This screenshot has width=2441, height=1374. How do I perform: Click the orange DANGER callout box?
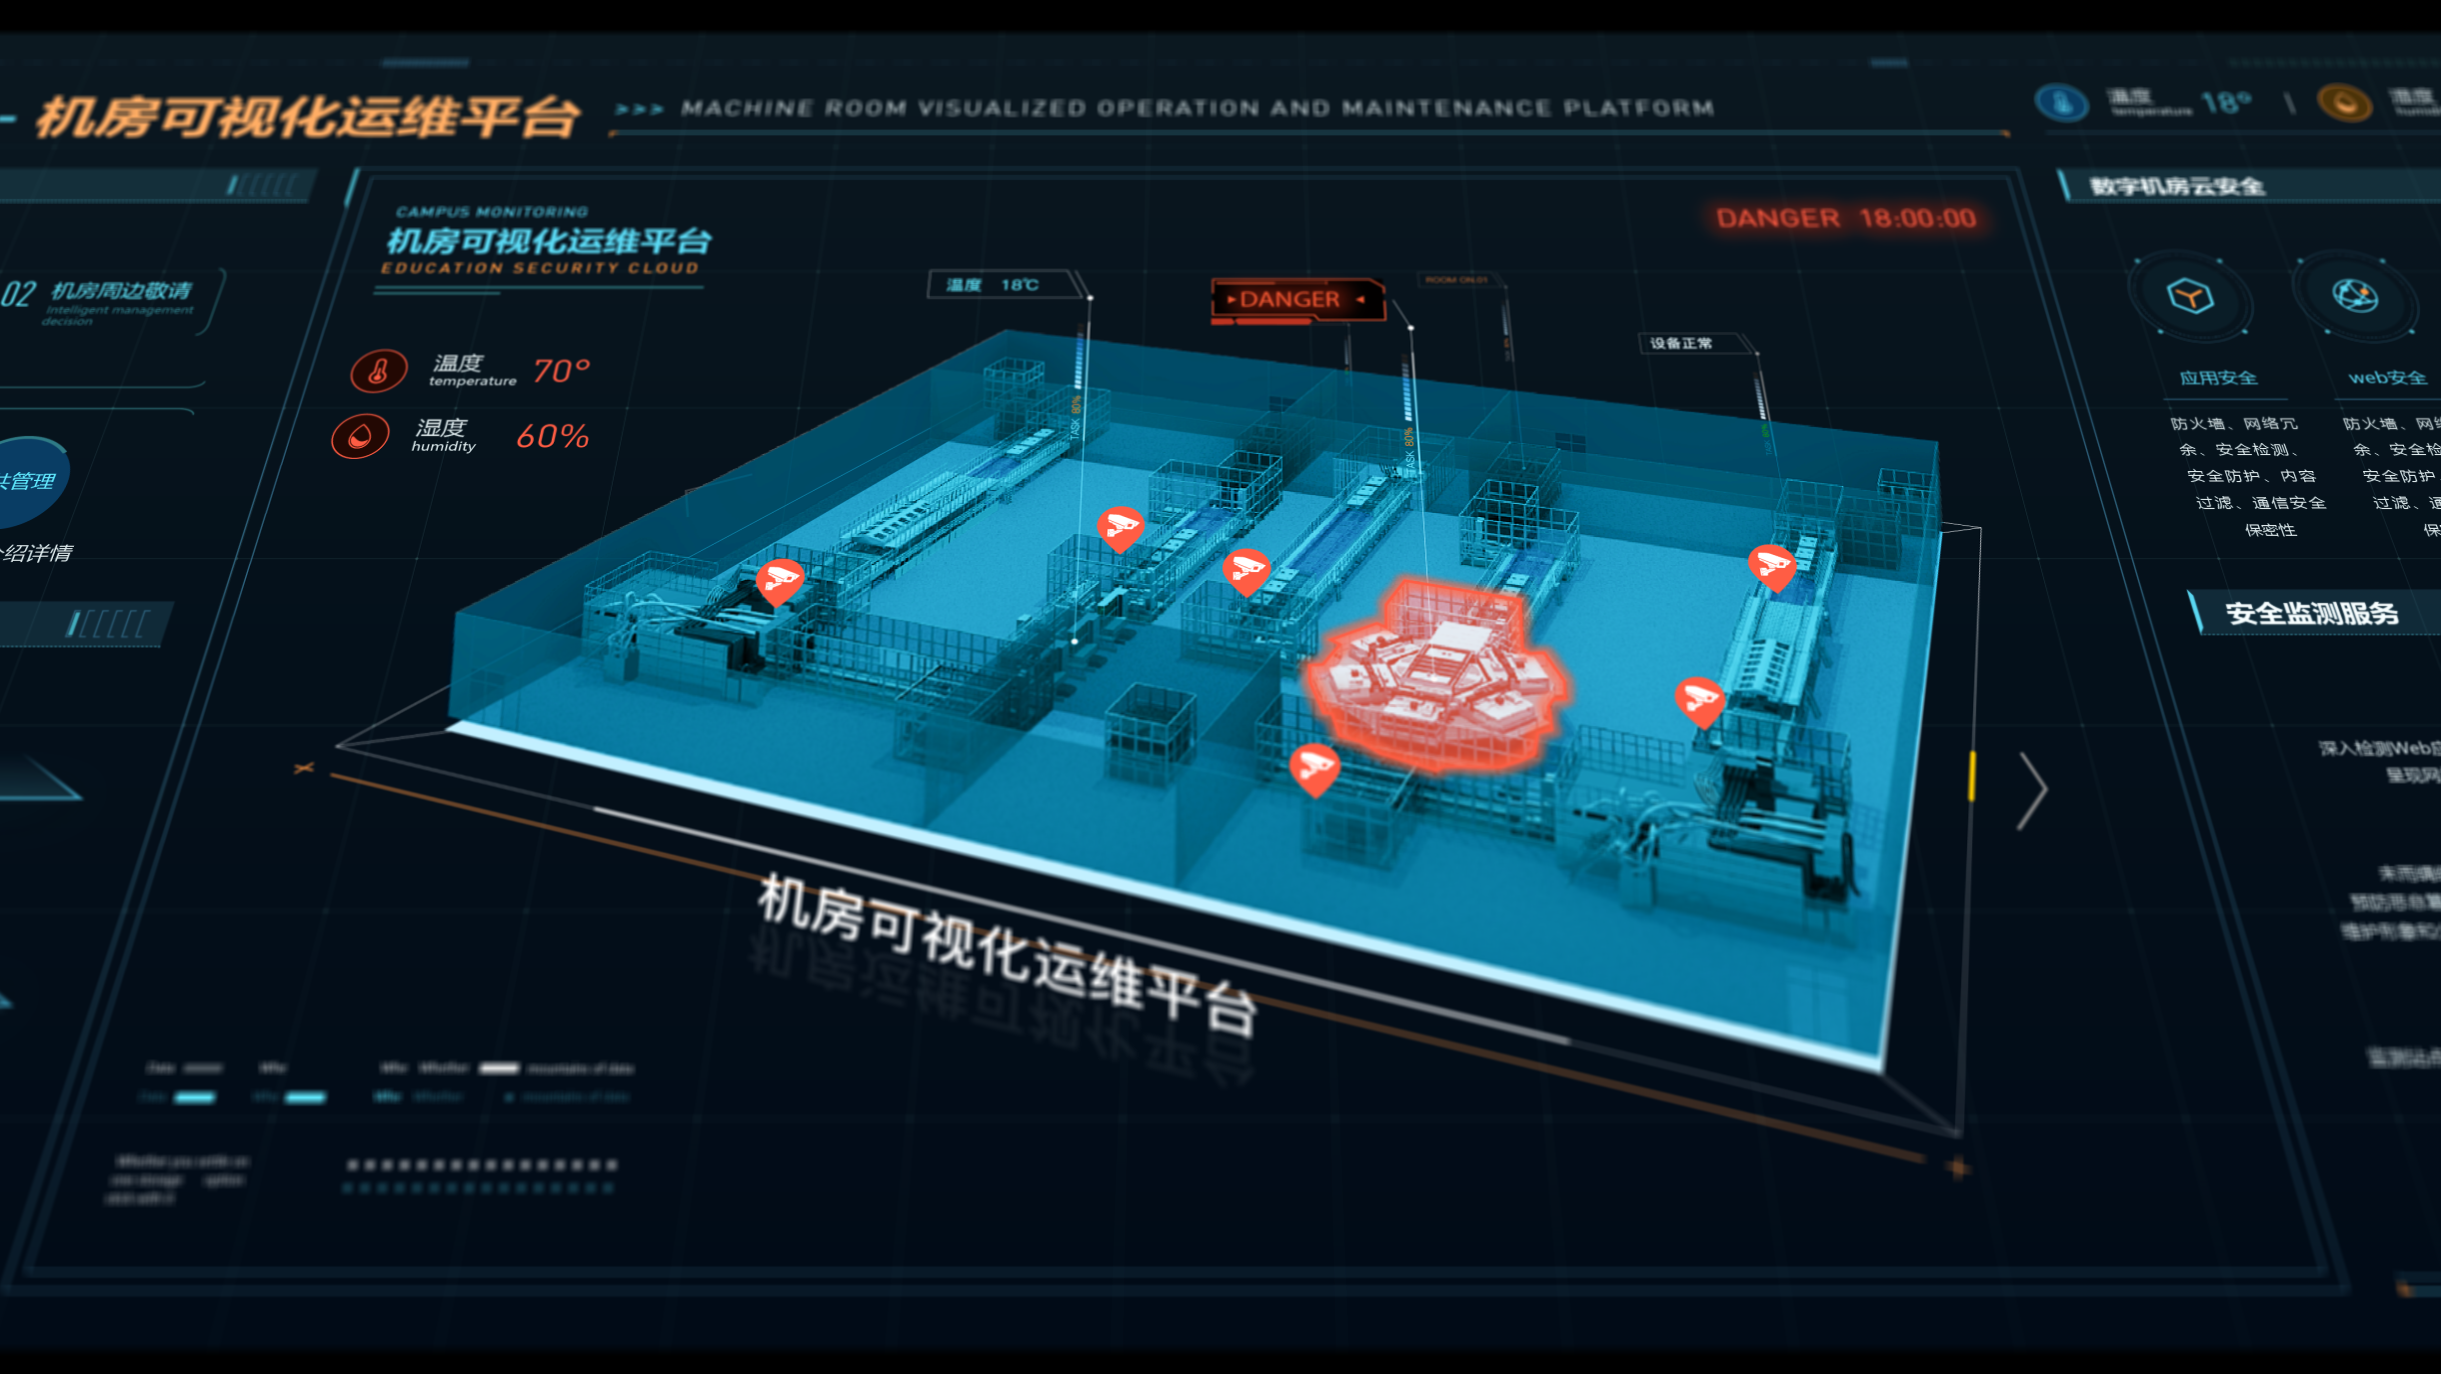[x=1296, y=299]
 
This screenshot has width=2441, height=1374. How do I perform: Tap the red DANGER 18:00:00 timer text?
[x=1845, y=218]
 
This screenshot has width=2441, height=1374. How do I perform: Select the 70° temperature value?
[x=561, y=371]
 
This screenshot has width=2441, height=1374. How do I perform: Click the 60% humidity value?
[x=552, y=436]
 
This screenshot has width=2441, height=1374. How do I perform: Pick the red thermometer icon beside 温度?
[x=378, y=371]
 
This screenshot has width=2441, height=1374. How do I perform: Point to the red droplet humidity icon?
[x=360, y=436]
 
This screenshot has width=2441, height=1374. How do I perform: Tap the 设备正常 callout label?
[x=1681, y=343]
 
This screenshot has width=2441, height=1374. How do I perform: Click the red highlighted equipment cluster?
[x=1436, y=674]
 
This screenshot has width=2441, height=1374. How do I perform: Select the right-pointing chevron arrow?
[x=2032, y=790]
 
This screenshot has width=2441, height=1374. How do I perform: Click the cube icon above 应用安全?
[x=2189, y=296]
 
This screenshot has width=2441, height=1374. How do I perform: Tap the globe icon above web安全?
[x=2355, y=296]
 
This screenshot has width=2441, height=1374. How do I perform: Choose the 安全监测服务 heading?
[x=2311, y=613]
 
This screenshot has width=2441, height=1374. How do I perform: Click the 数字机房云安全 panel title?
[x=2177, y=186]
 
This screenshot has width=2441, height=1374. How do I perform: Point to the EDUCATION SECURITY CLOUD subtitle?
[x=540, y=268]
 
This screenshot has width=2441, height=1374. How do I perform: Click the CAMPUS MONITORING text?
[x=492, y=212]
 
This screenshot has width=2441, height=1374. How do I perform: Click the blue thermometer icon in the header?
[x=2060, y=103]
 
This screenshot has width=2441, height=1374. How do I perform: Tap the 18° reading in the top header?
[x=2226, y=102]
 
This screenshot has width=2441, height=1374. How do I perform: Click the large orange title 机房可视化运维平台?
[x=308, y=118]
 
